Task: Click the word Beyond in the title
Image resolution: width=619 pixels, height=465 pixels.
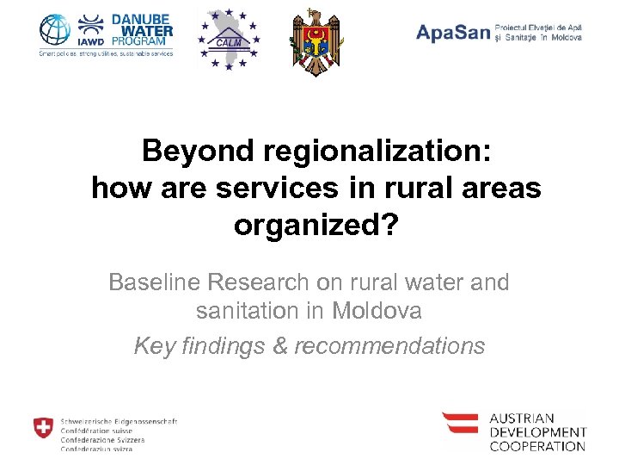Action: coord(187,152)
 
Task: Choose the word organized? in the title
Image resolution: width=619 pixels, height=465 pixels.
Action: coord(316,225)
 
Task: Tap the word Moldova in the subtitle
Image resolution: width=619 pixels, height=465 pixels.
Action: coord(377,311)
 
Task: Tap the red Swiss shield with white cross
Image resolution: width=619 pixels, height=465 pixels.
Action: coord(42,427)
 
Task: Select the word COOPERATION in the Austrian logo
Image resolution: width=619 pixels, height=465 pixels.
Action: coord(537,446)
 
